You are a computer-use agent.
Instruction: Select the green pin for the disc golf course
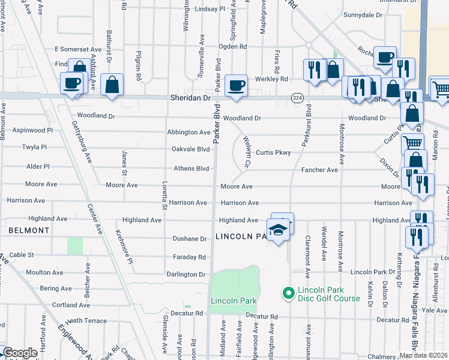click(x=288, y=293)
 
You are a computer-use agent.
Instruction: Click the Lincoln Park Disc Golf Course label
click(x=329, y=294)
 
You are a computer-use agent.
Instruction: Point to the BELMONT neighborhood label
click(x=29, y=230)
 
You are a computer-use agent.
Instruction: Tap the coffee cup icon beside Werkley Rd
click(x=237, y=85)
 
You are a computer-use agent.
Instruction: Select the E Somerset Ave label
click(x=78, y=49)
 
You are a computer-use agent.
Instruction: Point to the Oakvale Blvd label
click(x=190, y=149)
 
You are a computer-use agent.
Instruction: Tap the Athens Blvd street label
click(x=191, y=169)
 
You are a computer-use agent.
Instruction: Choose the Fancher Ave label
click(x=319, y=170)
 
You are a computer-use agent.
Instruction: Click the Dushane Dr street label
click(x=190, y=239)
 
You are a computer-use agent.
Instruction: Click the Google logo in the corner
click(x=20, y=353)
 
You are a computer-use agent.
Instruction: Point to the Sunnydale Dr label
click(x=363, y=14)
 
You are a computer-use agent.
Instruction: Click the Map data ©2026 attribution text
click(x=423, y=355)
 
